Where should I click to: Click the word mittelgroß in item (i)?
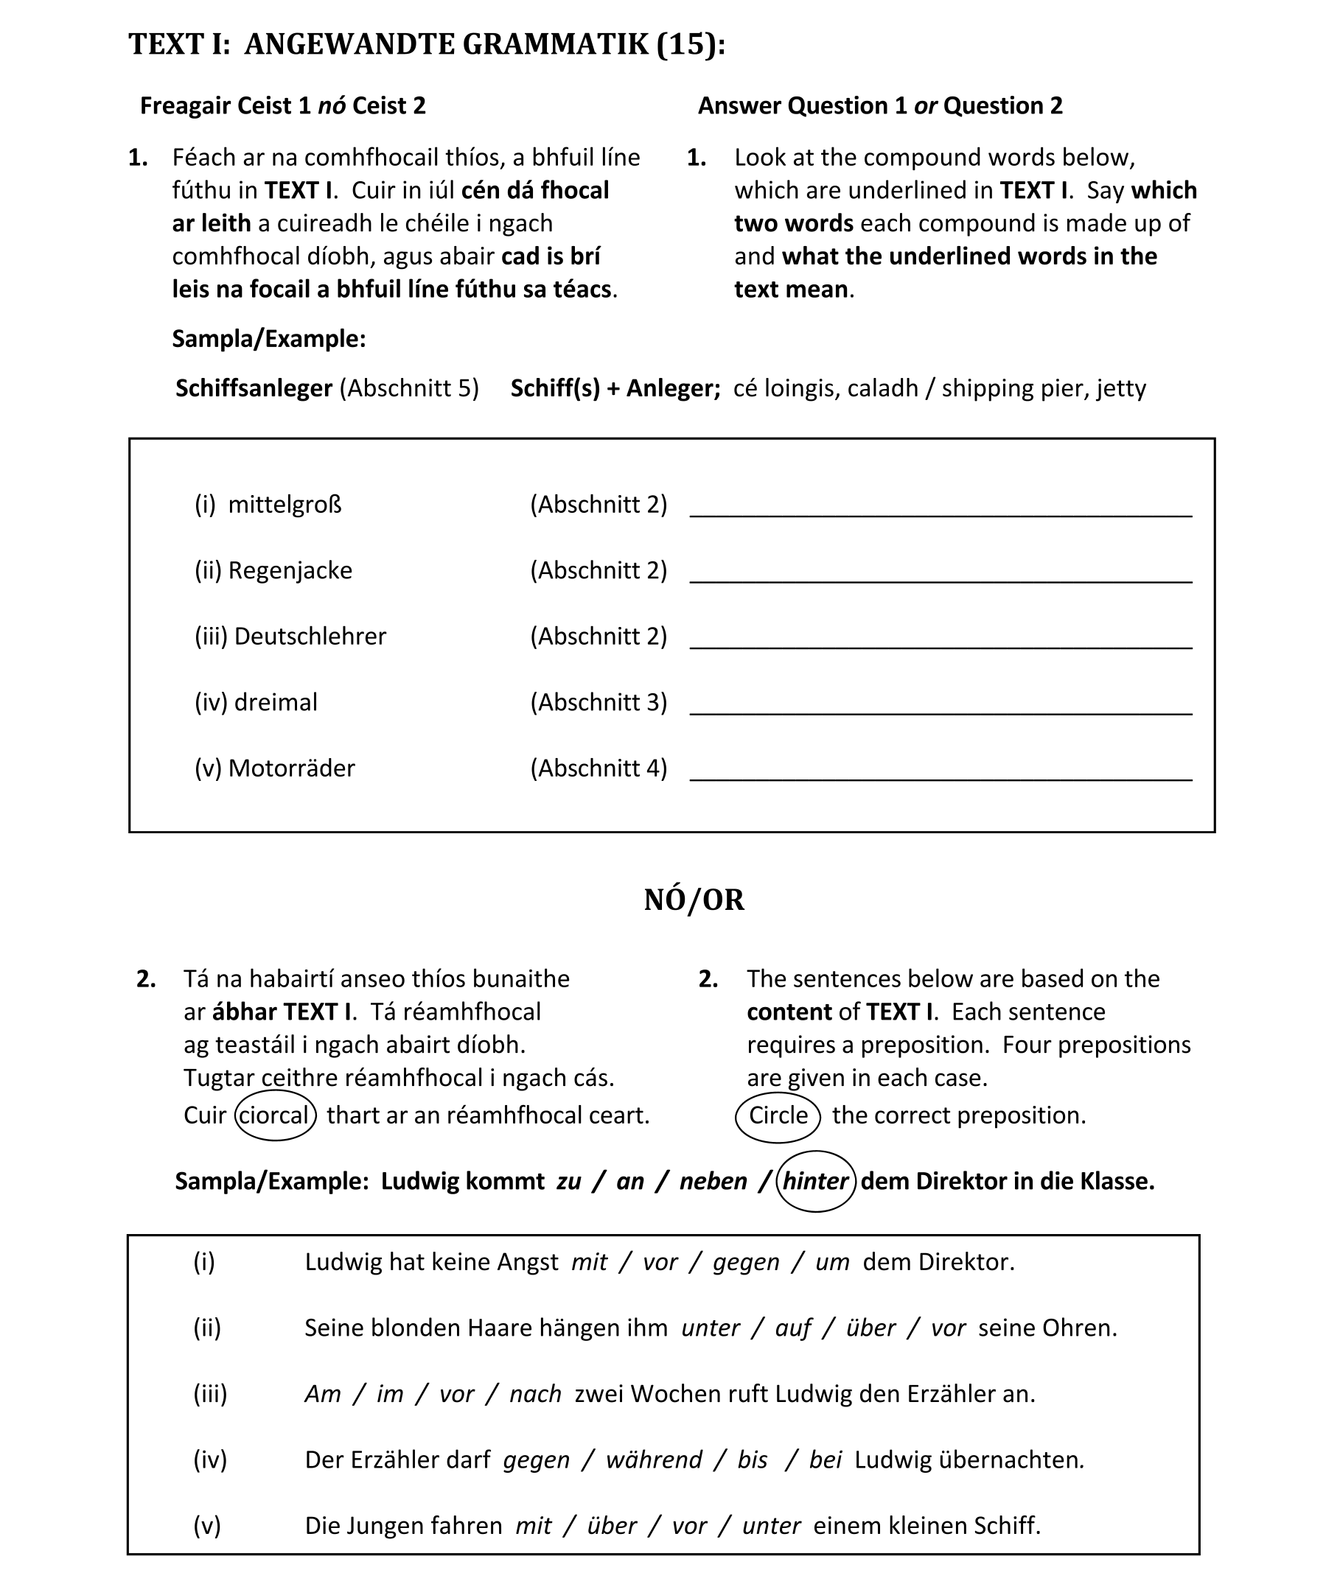point(285,504)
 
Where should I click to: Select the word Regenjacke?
point(290,570)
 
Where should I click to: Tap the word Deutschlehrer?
point(310,637)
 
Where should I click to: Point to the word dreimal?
point(276,702)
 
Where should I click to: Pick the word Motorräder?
point(292,768)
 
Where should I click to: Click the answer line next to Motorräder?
point(941,777)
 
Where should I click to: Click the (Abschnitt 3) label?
point(599,702)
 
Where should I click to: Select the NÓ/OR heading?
point(694,900)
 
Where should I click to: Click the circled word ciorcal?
point(274,1115)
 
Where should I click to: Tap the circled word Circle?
point(778,1115)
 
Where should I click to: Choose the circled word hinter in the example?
point(815,1182)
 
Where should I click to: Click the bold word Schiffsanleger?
point(254,388)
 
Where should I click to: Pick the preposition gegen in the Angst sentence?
point(746,1262)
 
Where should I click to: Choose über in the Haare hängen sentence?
point(870,1328)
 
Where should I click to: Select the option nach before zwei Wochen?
point(535,1394)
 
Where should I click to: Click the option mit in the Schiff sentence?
point(532,1527)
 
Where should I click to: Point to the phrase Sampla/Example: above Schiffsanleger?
point(269,339)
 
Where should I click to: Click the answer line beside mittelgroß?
point(941,514)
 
